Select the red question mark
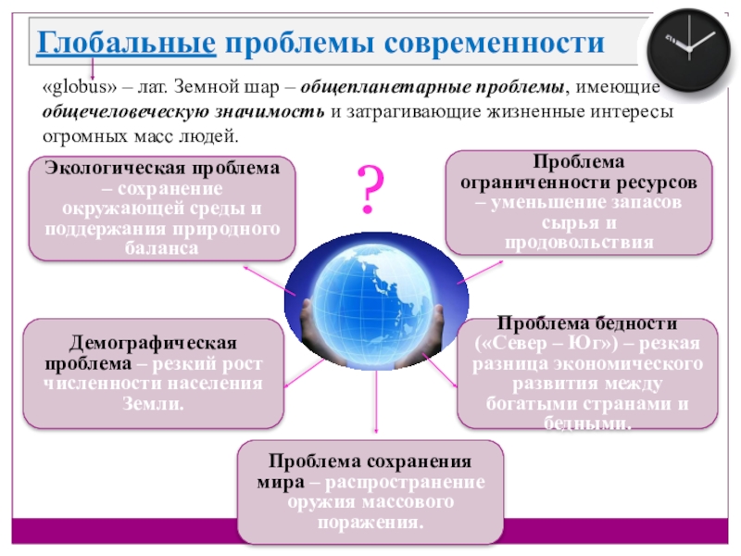370,188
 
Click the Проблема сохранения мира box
370,491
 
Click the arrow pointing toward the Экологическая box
269,279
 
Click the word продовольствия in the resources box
579,242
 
